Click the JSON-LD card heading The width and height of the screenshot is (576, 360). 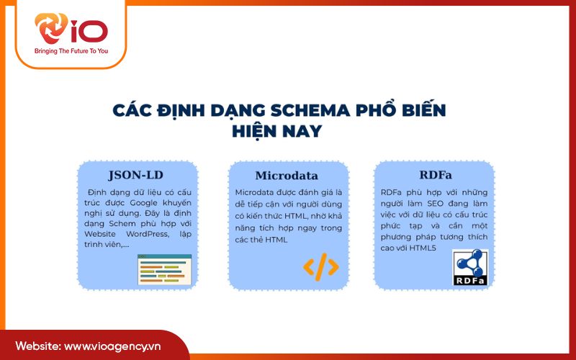(x=137, y=175)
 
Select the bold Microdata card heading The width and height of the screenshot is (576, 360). (x=287, y=176)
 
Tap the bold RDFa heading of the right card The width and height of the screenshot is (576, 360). (x=434, y=175)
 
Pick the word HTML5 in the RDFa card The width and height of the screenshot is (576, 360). (x=421, y=247)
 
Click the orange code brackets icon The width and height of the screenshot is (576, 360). (x=320, y=267)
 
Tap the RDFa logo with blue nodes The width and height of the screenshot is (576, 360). (x=470, y=268)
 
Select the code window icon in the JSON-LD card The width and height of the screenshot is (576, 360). (x=165, y=269)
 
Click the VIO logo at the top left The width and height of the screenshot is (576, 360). (x=71, y=30)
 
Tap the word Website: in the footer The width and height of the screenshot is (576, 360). (x=37, y=346)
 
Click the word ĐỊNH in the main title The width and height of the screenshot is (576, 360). (x=192, y=111)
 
